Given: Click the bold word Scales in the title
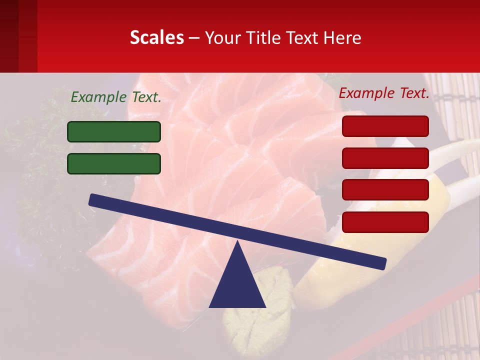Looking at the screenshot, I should (x=156, y=37).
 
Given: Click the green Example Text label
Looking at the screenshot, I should (x=116, y=97).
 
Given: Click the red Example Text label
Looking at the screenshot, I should (x=384, y=93).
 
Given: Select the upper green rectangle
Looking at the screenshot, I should (x=114, y=131).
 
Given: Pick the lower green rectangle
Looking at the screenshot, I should (x=114, y=163).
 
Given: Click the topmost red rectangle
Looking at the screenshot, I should (x=385, y=126).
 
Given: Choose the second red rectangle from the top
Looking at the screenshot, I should (x=385, y=158).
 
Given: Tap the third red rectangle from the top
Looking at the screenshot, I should (x=385, y=190).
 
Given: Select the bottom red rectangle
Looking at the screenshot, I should (x=385, y=222).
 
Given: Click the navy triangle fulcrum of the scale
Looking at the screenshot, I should (x=237, y=282).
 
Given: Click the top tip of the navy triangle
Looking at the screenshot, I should (x=237, y=243).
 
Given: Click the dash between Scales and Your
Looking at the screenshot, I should (x=194, y=37).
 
